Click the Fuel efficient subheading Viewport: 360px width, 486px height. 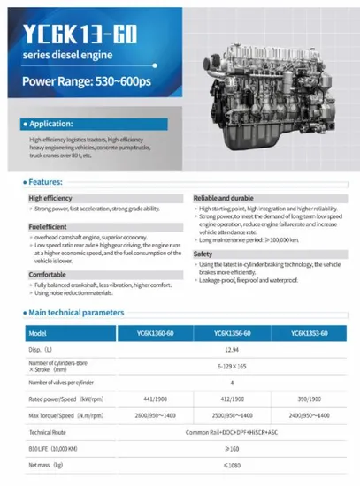pyautogui.click(x=49, y=227)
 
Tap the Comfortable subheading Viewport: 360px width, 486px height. pyautogui.click(x=48, y=274)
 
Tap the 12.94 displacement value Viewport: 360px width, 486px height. pyautogui.click(x=234, y=350)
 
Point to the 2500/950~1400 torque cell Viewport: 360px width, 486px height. pyautogui.click(x=234, y=415)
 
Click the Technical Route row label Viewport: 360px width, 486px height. pyautogui.click(x=52, y=432)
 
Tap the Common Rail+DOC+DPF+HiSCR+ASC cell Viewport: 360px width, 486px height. pyautogui.click(x=234, y=432)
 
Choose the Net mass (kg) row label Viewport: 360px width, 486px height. pyautogui.click(x=48, y=465)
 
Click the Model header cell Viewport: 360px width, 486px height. pyautogui.click(x=37, y=333)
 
